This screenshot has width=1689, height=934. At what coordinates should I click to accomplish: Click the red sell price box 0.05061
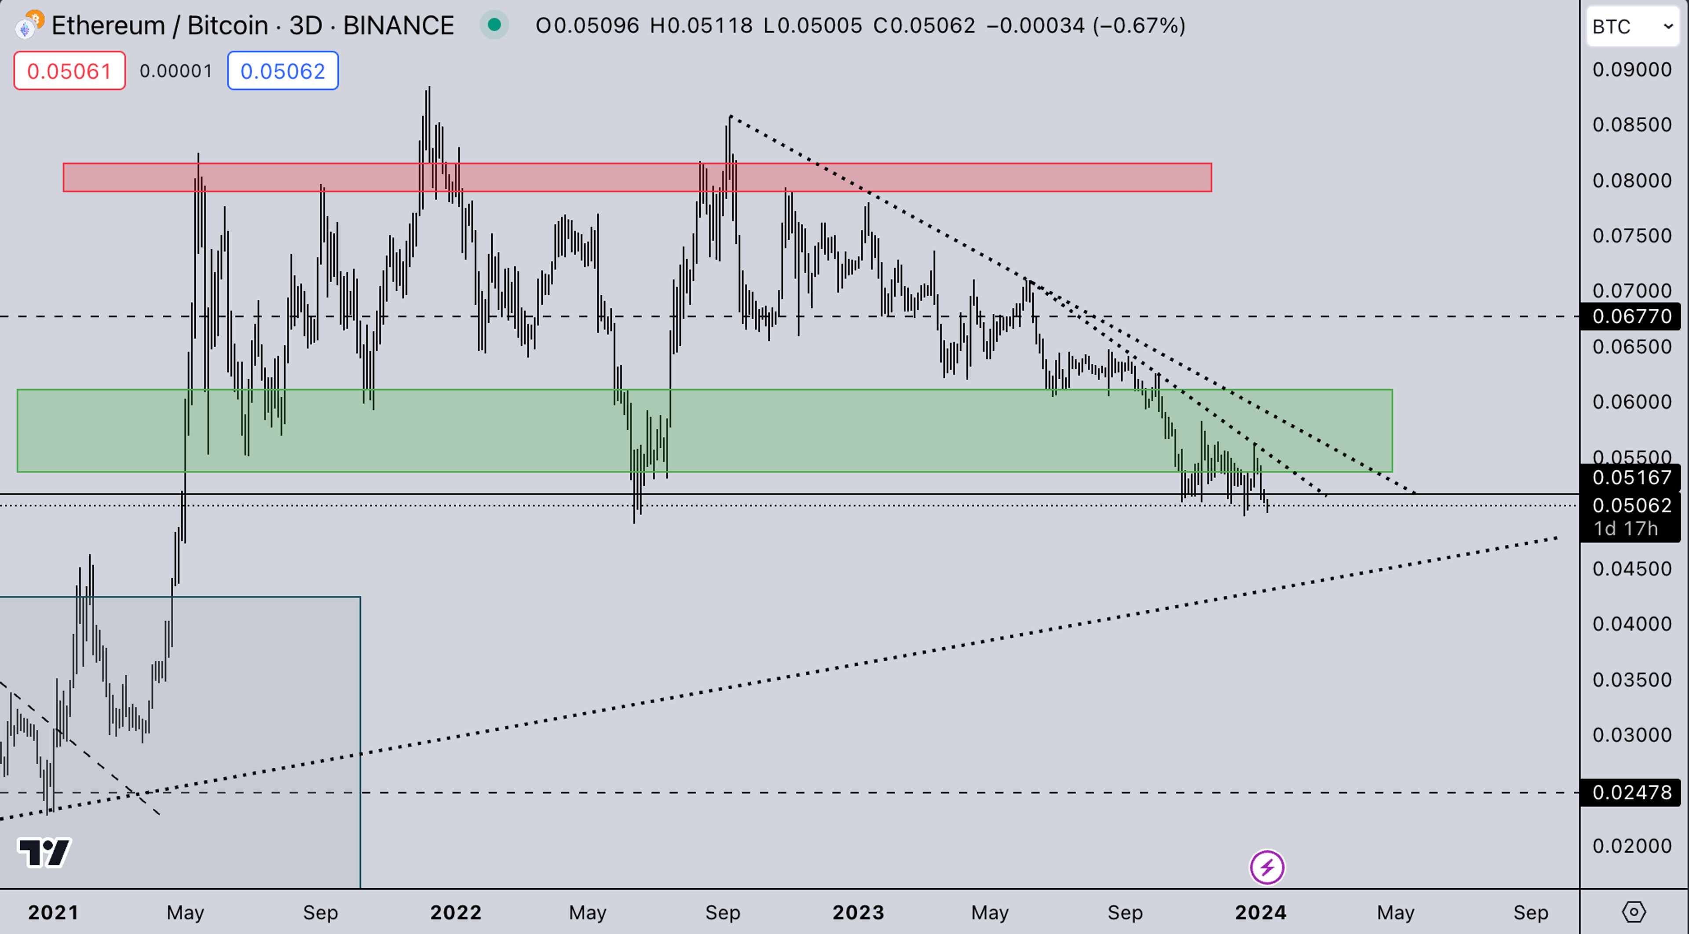click(x=69, y=71)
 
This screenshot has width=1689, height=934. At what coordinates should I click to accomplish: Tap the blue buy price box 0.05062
click(x=282, y=71)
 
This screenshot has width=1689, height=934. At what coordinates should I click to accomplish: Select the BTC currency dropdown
click(x=1631, y=27)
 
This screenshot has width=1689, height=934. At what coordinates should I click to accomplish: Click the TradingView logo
click(x=44, y=853)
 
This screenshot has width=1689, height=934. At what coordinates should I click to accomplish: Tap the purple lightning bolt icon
click(x=1267, y=868)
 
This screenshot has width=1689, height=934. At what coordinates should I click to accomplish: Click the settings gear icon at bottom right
click(x=1633, y=912)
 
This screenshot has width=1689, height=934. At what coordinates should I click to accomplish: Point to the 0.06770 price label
click(x=1632, y=316)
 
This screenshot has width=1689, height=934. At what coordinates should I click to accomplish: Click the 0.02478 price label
click(x=1632, y=792)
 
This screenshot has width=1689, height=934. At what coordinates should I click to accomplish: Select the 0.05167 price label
click(x=1632, y=477)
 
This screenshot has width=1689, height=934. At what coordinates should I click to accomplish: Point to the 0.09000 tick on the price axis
click(x=1632, y=70)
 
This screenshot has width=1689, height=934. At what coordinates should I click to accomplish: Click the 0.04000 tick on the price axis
click(x=1632, y=624)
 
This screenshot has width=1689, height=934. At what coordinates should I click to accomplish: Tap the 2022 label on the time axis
click(x=456, y=912)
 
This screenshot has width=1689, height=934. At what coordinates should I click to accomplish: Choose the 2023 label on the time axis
click(x=858, y=912)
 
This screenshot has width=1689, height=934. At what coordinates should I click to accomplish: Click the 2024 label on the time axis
click(x=1260, y=912)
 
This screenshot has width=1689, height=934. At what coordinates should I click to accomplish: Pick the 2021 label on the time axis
click(x=53, y=912)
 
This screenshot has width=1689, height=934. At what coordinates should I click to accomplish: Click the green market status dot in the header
click(x=494, y=25)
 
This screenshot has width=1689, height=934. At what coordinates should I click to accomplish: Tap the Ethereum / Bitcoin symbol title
click(x=160, y=26)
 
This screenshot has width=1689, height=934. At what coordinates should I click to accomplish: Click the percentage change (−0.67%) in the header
click(x=1139, y=26)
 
